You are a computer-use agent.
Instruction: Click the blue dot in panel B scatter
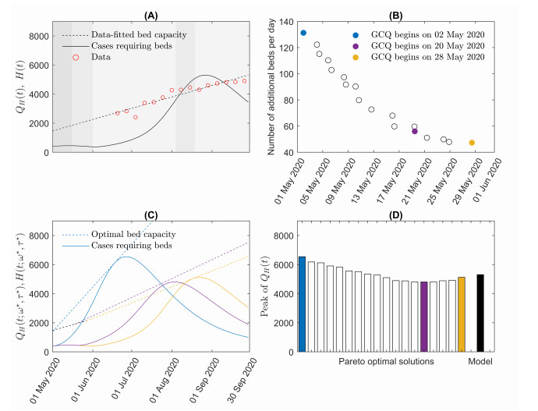(303, 33)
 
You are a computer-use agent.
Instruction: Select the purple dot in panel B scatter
(415, 131)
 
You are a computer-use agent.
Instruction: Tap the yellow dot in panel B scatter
(472, 143)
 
